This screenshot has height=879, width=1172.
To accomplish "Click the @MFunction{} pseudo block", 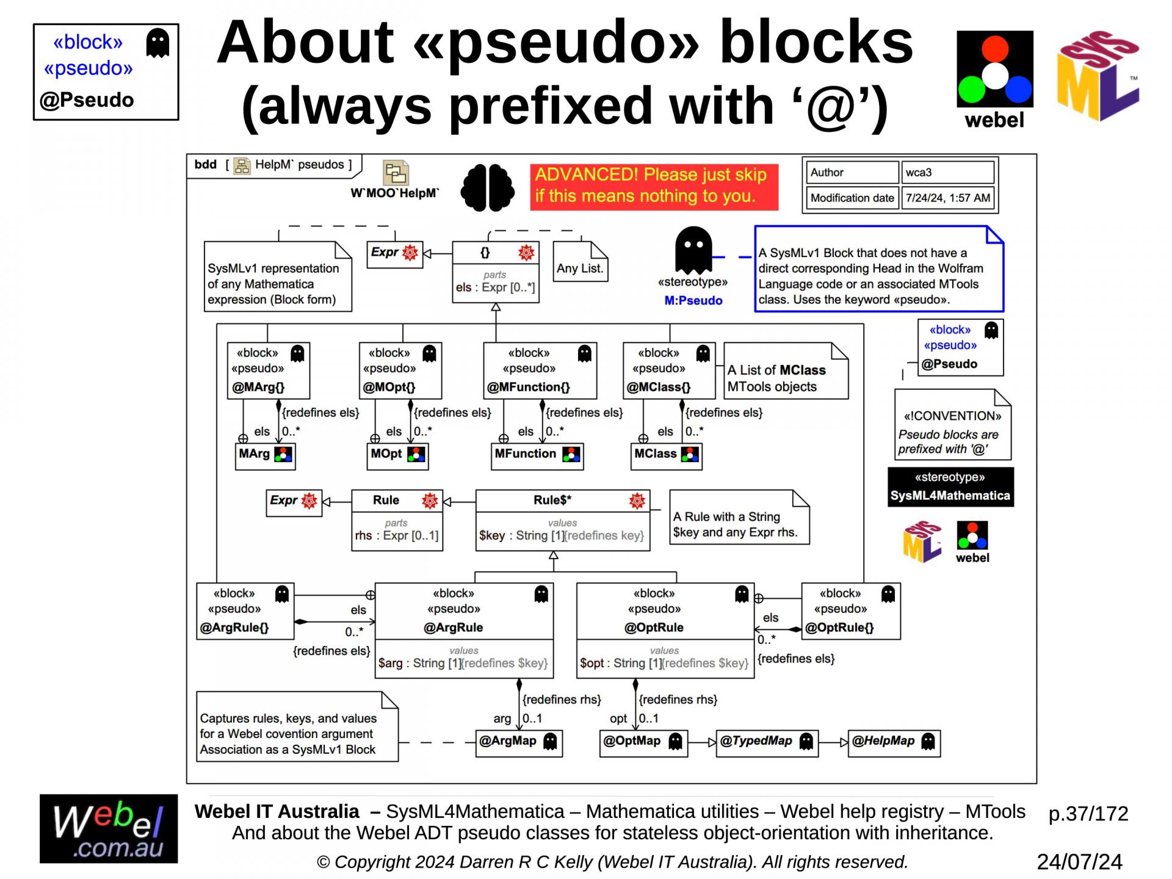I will click(x=540, y=371).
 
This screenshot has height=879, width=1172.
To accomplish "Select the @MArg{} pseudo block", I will click(x=269, y=371).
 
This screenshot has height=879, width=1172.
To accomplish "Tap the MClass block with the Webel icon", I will click(x=667, y=455).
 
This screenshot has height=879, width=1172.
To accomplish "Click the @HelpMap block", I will click(x=894, y=742).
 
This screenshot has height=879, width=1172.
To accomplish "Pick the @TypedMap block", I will click(x=767, y=742).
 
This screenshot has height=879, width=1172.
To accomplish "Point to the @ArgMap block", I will click(x=518, y=742).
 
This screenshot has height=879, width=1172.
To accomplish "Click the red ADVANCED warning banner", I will click(x=654, y=186).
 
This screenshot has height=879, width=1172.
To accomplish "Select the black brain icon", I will click(x=487, y=187).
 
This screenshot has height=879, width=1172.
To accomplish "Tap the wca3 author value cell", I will click(x=947, y=173).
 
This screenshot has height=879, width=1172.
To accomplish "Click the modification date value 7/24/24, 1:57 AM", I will click(x=947, y=198).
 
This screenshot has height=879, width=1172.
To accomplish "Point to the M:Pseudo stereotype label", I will click(x=693, y=300).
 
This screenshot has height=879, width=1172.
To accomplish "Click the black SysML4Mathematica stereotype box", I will click(x=950, y=487).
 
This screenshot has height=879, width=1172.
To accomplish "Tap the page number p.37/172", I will click(x=1088, y=814).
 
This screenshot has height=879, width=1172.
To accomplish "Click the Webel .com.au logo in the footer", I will click(x=109, y=828).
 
